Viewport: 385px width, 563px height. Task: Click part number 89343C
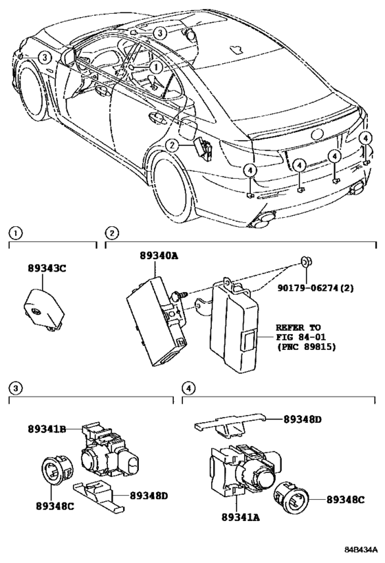[47, 268]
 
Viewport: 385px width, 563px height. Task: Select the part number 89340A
[159, 256]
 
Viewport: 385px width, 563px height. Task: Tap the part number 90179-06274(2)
[315, 287]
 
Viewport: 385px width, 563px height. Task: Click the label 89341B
[47, 429]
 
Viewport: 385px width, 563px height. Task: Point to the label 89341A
[241, 517]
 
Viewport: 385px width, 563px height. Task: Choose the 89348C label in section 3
[55, 506]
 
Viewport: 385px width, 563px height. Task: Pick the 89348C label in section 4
[346, 500]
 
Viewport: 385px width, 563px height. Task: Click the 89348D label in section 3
[148, 496]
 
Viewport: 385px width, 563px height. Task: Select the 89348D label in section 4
[302, 419]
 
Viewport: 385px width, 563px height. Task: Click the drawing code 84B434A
[361, 549]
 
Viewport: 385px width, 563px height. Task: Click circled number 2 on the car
[172, 145]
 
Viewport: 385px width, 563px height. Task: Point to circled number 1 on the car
[156, 67]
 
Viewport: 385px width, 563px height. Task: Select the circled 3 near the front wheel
[44, 58]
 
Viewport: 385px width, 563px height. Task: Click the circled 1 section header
[14, 234]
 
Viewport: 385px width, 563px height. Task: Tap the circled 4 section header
[188, 388]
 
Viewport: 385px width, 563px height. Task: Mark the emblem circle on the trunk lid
[318, 134]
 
